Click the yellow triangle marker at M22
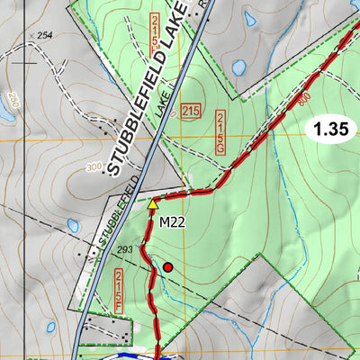click(x=153, y=205)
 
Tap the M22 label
click(x=172, y=221)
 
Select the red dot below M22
click(x=167, y=266)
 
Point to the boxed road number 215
click(x=190, y=112)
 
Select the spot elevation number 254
click(x=47, y=35)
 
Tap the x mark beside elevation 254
click(x=31, y=35)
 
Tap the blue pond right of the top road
click(x=238, y=67)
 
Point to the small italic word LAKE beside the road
click(x=163, y=105)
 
